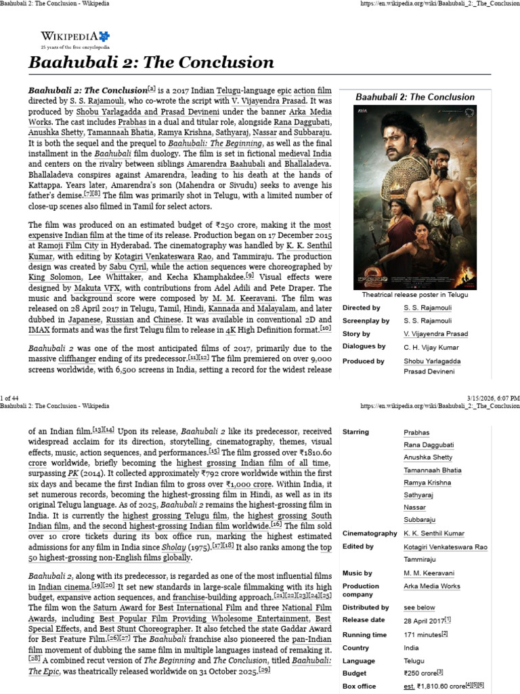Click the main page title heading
click(x=151, y=63)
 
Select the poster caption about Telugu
click(x=415, y=295)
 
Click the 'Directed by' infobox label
click(x=362, y=308)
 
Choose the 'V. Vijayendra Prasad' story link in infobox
click(x=435, y=333)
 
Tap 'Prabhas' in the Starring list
click(x=416, y=432)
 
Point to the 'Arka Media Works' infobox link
click(x=431, y=586)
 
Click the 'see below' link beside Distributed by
click(x=419, y=608)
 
